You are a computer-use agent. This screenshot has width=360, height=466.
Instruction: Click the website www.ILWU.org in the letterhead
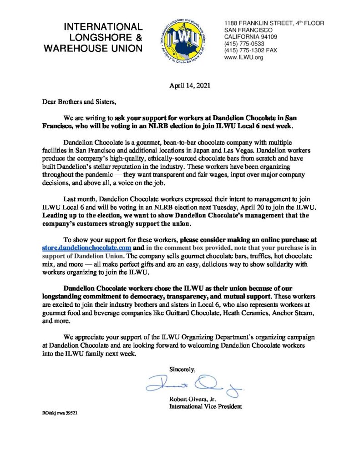(244, 57)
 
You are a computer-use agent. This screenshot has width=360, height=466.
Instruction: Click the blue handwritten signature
(195, 386)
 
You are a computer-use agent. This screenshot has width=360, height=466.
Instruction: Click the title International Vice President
(206, 406)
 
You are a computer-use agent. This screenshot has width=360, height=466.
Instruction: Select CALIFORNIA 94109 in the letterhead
(251, 37)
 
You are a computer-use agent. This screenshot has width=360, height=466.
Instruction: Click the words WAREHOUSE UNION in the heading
(93, 48)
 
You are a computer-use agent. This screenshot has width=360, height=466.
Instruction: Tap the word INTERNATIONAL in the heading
(103, 27)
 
